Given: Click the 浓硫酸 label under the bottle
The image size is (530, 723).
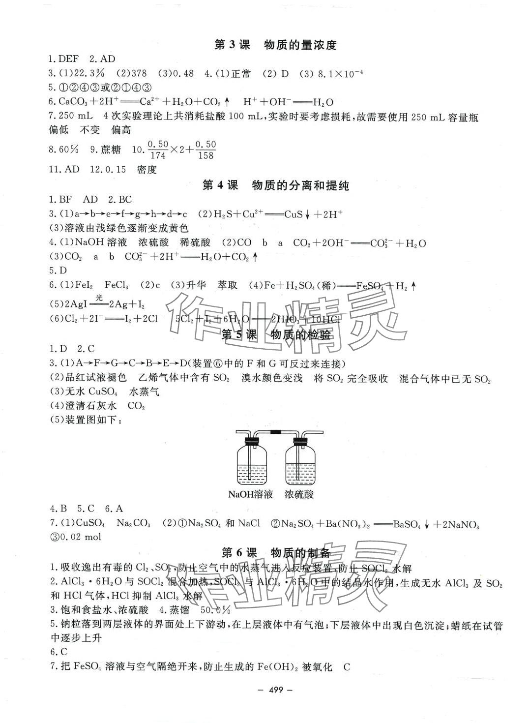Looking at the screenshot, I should pos(299,494).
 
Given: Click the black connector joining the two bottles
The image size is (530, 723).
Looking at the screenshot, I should pos(276,432).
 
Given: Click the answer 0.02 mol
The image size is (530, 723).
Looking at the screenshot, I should pos(80,537).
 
